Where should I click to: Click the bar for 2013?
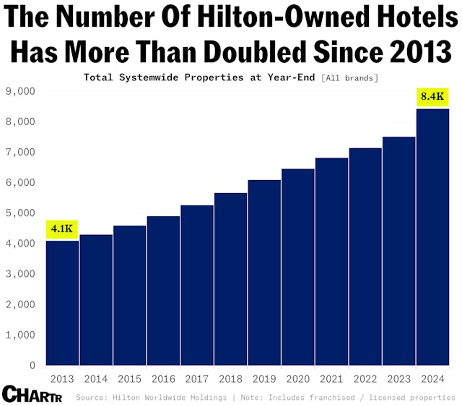click(62, 303)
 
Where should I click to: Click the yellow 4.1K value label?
click(62, 229)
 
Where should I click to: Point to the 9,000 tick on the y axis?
click(21, 91)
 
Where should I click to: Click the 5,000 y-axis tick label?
click(21, 213)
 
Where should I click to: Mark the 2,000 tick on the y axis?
click(21, 304)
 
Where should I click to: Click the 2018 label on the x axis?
click(230, 378)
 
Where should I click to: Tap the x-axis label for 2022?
click(365, 378)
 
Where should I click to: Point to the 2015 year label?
click(129, 378)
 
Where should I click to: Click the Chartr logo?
click(32, 396)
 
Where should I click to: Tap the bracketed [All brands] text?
click(350, 77)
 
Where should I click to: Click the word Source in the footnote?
click(92, 397)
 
